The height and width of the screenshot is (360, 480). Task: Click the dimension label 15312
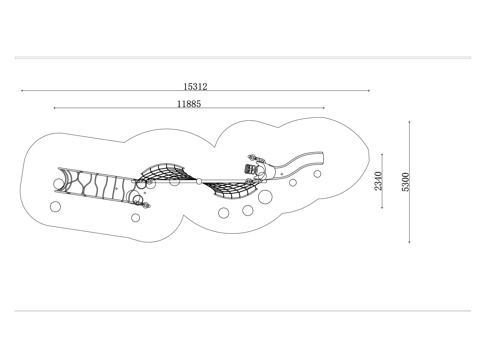(195, 87)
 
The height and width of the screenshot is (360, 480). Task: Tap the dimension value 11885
(189, 104)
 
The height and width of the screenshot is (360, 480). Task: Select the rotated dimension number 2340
(378, 181)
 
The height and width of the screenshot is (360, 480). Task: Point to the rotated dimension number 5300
(405, 182)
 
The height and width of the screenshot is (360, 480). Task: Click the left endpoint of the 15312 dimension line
(22, 90)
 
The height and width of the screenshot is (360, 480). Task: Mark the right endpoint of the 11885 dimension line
(324, 108)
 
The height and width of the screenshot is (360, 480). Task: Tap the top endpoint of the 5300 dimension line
(410, 122)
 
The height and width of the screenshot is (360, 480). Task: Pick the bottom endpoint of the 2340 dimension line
(382, 208)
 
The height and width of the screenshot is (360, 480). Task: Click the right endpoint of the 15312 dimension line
(369, 90)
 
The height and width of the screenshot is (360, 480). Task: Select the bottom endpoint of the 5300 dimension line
(410, 242)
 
